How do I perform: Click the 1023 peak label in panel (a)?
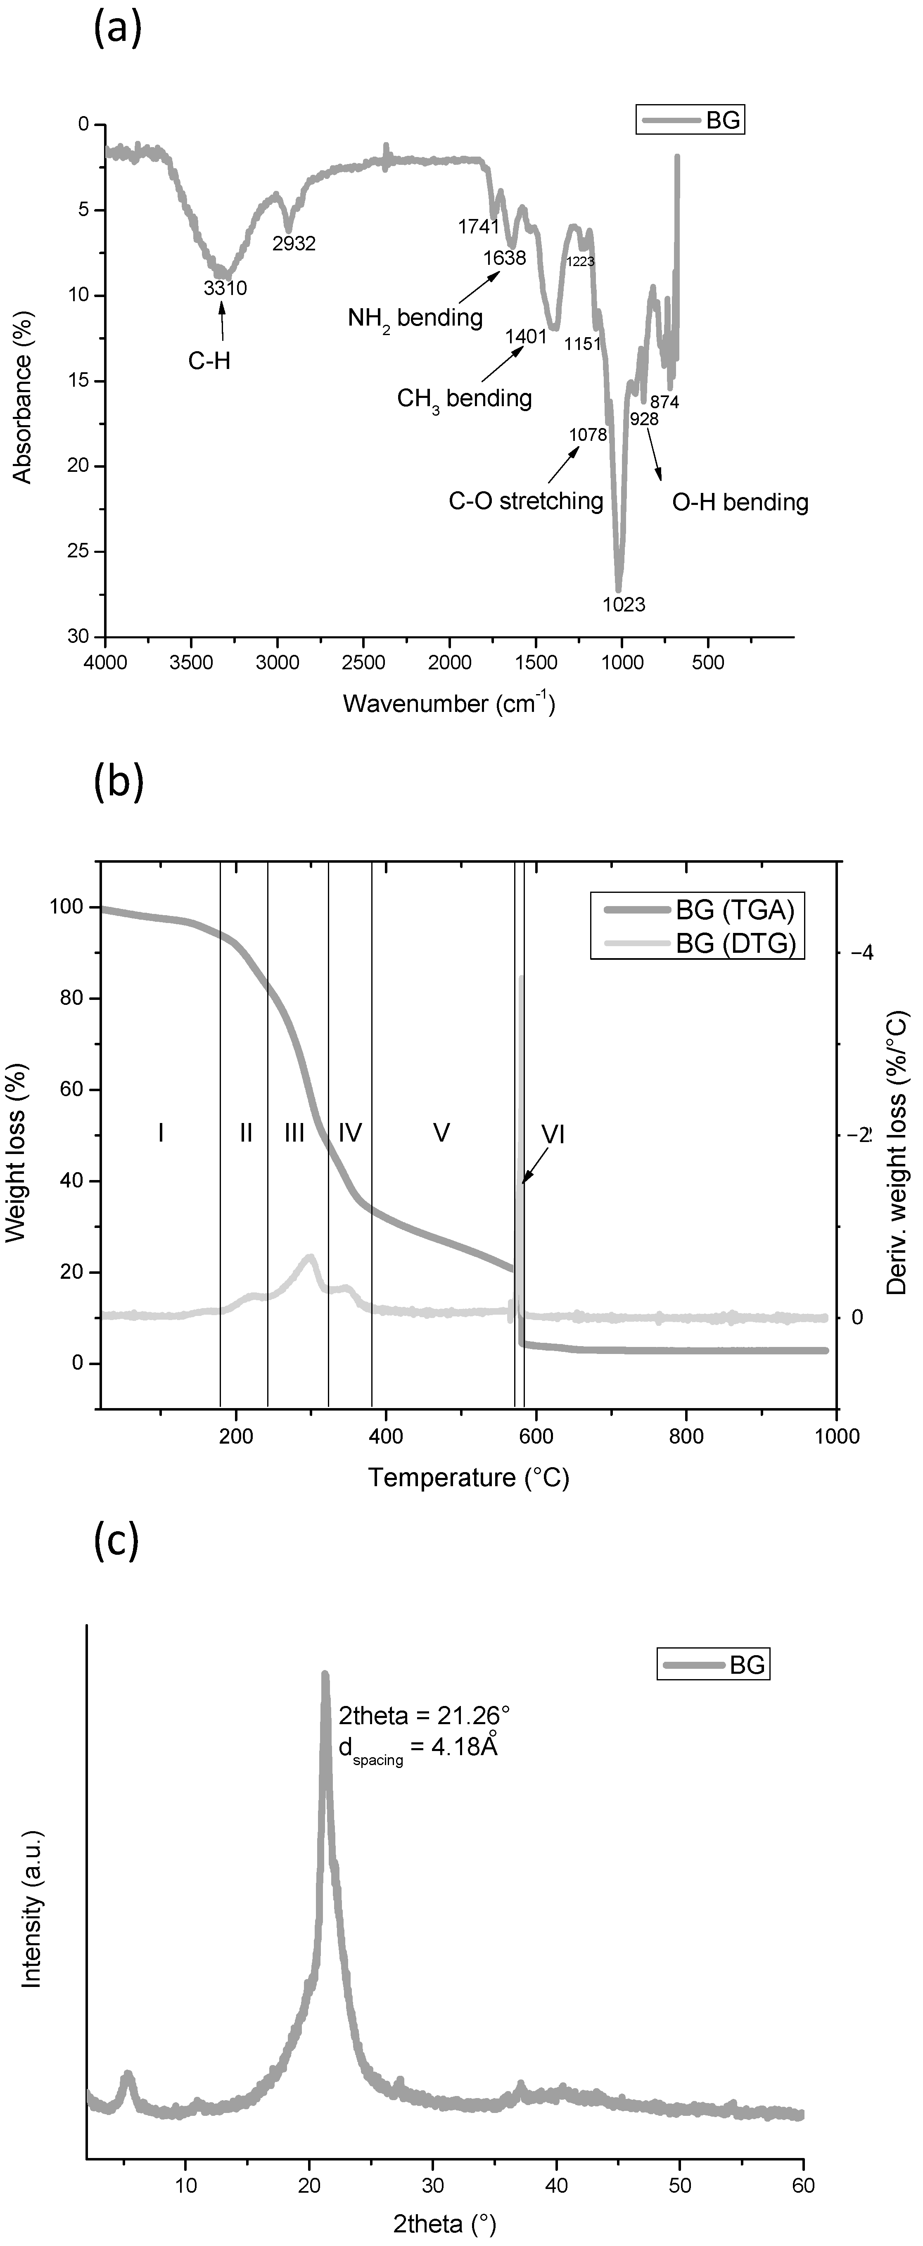(624, 603)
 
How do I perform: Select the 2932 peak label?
(294, 244)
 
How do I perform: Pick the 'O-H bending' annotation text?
(740, 502)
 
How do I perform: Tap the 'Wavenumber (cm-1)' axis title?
(449, 703)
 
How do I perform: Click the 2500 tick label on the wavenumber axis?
(363, 663)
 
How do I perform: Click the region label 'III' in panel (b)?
(294, 1133)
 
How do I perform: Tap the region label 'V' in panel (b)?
(441, 1133)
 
